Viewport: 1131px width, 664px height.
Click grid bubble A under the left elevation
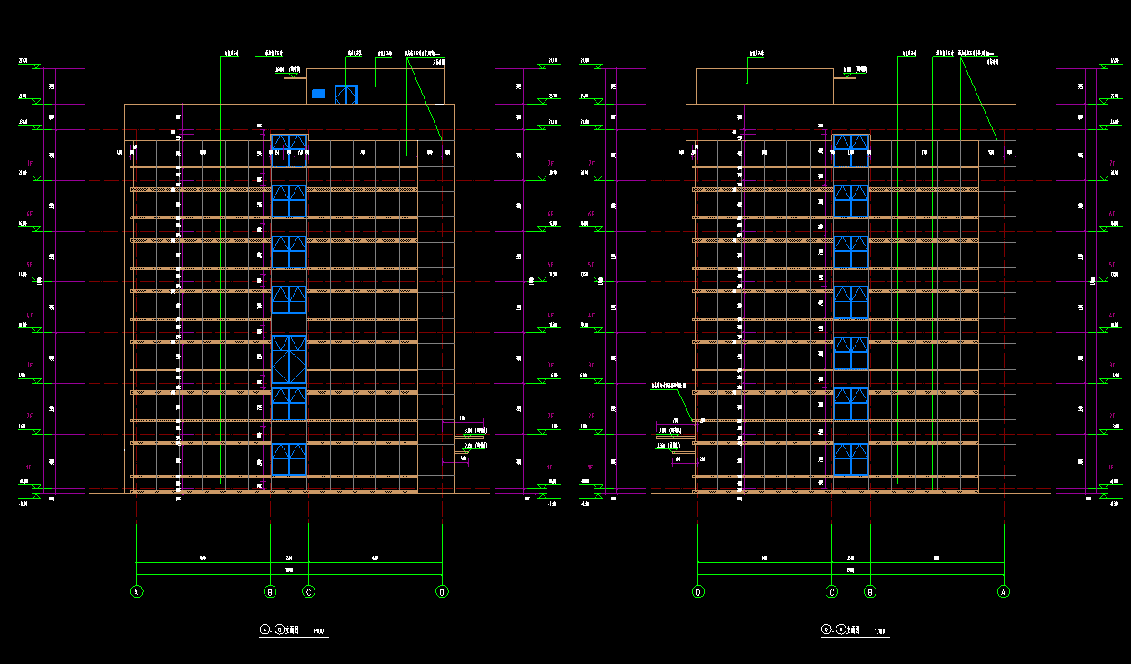(136, 591)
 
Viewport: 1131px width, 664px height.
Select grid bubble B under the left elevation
(270, 591)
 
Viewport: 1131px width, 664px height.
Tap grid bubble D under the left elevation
(442, 591)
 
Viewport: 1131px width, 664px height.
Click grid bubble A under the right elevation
(1004, 591)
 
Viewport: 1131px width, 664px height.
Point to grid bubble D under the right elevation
(697, 591)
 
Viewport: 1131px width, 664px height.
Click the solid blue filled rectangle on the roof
(318, 94)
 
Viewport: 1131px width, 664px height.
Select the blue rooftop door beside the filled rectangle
(345, 95)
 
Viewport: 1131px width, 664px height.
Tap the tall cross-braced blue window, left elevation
(289, 359)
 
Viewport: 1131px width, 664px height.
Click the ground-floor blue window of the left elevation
(289, 459)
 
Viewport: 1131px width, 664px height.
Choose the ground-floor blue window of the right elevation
(851, 459)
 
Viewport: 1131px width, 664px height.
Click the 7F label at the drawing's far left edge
(29, 163)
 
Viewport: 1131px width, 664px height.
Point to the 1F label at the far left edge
(29, 467)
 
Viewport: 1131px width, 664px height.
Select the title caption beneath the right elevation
(851, 629)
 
